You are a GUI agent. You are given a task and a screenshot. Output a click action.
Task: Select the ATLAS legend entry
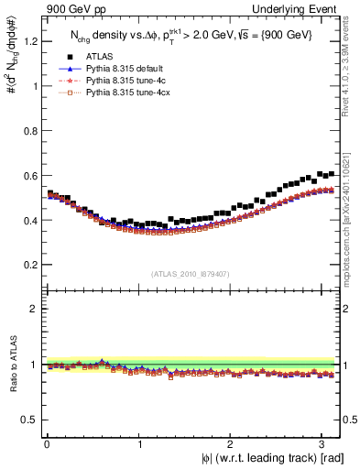(x=100, y=57)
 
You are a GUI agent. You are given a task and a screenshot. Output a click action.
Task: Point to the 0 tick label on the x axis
(x=47, y=444)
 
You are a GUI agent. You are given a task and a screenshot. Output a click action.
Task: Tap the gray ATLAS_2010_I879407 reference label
(x=191, y=273)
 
